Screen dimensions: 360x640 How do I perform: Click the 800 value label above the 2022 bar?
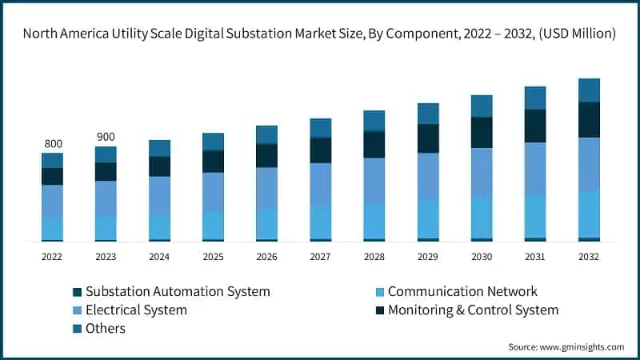click(53, 144)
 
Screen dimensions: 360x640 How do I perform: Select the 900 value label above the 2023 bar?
click(106, 137)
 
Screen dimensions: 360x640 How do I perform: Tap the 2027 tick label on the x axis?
click(320, 257)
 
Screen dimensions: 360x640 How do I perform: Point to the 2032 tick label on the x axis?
click(588, 257)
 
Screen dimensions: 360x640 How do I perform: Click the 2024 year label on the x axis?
click(159, 257)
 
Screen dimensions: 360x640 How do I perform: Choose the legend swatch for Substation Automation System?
click(77, 292)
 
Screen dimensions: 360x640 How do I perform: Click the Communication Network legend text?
click(462, 291)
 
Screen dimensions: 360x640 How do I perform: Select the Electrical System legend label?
click(136, 310)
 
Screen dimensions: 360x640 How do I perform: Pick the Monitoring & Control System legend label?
click(473, 310)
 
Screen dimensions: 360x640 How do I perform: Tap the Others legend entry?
click(106, 328)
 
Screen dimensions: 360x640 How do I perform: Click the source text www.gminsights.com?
click(582, 346)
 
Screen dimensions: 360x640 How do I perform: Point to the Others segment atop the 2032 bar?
click(589, 90)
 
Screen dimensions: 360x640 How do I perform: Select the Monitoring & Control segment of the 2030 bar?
click(482, 133)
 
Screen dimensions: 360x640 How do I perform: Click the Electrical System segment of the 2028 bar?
click(374, 181)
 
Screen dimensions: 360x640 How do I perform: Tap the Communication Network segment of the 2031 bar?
click(535, 216)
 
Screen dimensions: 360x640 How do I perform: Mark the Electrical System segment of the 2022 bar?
click(53, 201)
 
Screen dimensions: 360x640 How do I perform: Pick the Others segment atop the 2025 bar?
click(213, 142)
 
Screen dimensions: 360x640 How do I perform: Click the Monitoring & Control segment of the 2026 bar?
click(266, 155)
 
